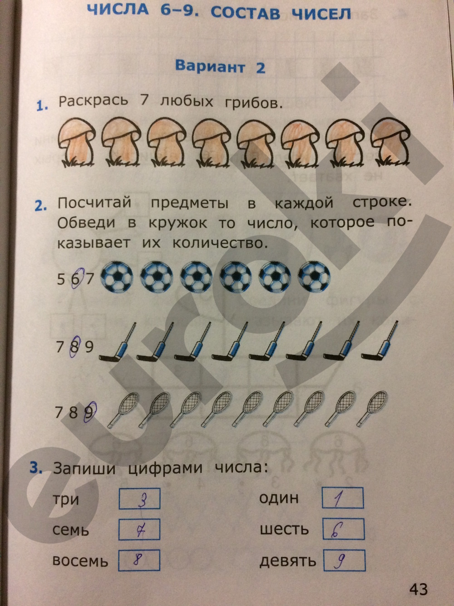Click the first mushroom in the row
(77, 142)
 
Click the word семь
(71, 530)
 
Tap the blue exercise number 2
(40, 206)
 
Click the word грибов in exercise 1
(254, 103)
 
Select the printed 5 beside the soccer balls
(61, 280)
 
